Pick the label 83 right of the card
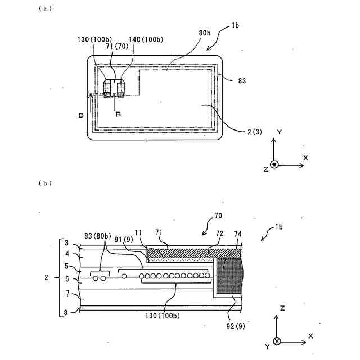[242, 82]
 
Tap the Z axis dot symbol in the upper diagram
[274, 165]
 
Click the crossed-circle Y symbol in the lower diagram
[276, 341]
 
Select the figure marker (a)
[43, 8]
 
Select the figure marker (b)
[43, 183]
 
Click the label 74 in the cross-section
[238, 232]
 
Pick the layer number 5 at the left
[66, 265]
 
